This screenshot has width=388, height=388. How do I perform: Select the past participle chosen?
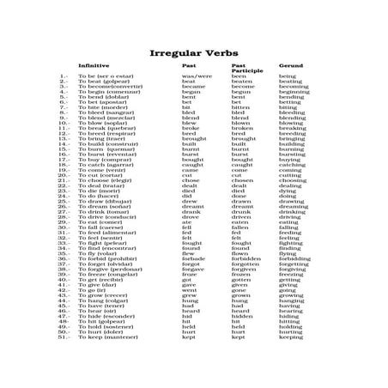[243, 180]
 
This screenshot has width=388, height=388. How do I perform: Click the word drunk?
[241, 211]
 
